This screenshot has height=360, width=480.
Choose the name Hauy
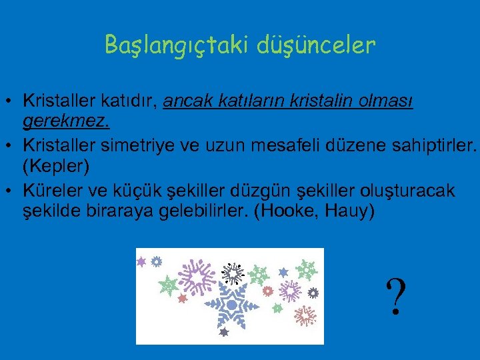pyautogui.click(x=351, y=211)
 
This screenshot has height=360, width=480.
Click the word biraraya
pyautogui.click(x=108, y=211)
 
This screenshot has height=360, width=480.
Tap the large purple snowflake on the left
pyautogui.click(x=198, y=276)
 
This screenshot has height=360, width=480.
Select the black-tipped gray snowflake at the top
pyautogui.click(x=233, y=272)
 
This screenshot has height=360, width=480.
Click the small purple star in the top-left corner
pyautogui.click(x=141, y=262)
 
